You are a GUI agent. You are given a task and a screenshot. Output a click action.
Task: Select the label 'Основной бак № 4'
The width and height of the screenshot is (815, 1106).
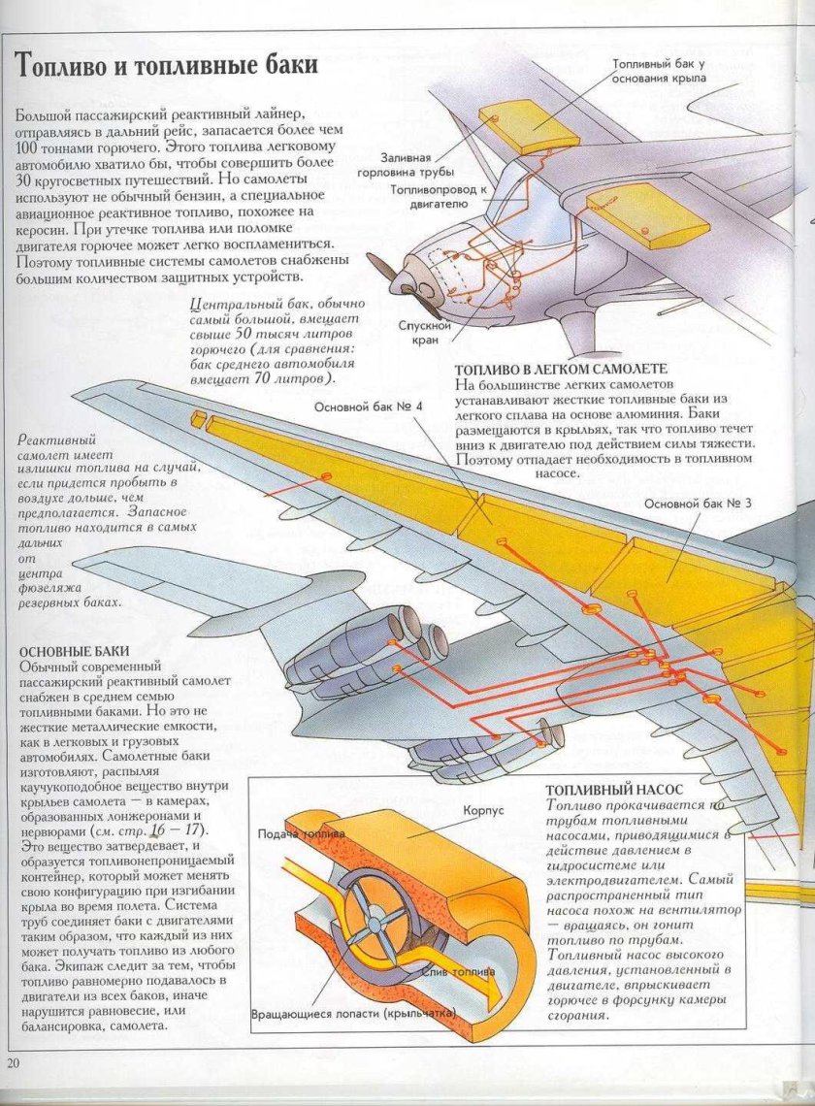(x=368, y=407)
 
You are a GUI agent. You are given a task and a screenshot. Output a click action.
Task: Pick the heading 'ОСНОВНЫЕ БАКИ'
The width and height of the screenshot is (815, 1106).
(x=70, y=650)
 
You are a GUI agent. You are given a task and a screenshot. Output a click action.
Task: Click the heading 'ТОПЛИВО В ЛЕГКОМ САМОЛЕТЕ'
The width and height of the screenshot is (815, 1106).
(x=561, y=370)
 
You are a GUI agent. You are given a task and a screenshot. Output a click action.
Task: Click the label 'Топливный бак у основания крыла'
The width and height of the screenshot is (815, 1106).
(x=659, y=71)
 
